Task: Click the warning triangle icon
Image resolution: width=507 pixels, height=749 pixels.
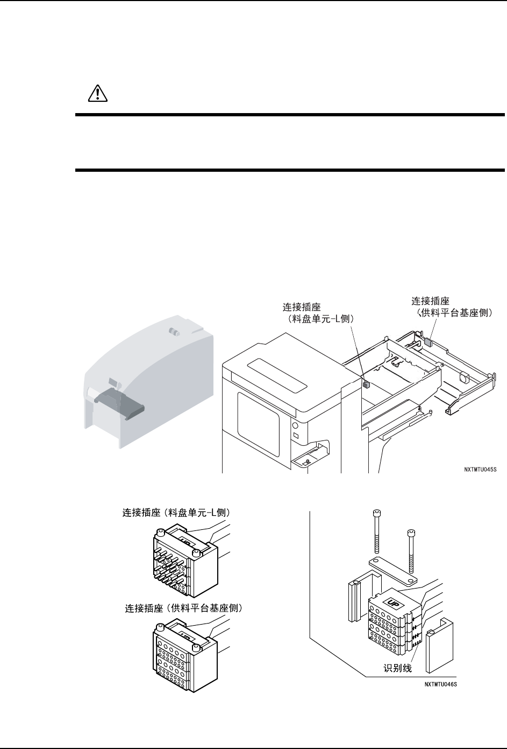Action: (98, 94)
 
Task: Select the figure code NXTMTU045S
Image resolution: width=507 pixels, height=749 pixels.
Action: (480, 469)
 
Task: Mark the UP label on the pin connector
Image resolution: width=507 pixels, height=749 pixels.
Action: (184, 538)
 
